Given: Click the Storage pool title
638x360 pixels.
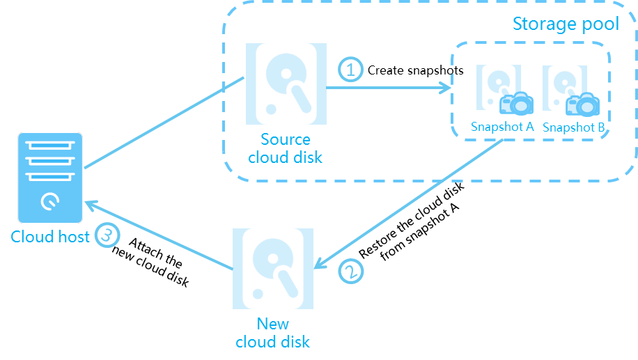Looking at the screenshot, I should click(566, 24).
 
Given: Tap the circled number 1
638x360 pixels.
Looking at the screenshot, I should click(350, 70).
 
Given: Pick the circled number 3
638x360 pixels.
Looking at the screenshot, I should click(106, 235).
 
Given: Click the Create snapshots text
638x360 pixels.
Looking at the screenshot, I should click(415, 70).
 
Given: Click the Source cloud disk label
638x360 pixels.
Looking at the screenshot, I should click(286, 148).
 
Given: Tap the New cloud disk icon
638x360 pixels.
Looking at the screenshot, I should click(272, 267).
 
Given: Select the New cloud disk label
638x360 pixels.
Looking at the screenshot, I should click(272, 333).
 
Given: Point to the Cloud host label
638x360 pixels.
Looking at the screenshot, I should click(50, 237).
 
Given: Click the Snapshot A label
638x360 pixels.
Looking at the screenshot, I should click(502, 127).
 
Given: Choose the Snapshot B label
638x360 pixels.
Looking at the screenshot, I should click(574, 127).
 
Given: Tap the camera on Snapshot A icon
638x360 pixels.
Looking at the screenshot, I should click(516, 104).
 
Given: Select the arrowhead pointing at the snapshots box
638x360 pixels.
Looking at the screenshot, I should click(445, 88).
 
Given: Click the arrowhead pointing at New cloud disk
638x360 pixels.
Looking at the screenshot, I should click(320, 263).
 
